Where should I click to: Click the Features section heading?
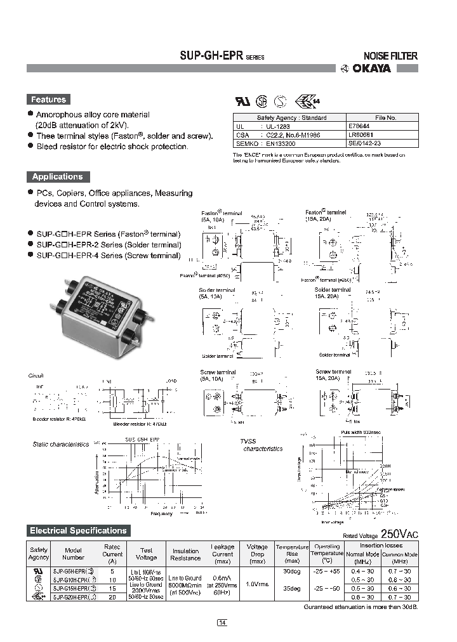(x=48, y=100)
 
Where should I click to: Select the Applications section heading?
(x=57, y=177)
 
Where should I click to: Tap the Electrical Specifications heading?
(x=78, y=530)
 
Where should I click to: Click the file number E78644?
(x=361, y=126)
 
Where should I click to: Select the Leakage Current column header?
(x=222, y=554)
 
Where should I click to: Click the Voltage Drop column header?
(x=257, y=554)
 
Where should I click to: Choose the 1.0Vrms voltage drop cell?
(x=257, y=584)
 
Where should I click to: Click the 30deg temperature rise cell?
(x=291, y=570)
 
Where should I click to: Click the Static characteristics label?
(x=61, y=444)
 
